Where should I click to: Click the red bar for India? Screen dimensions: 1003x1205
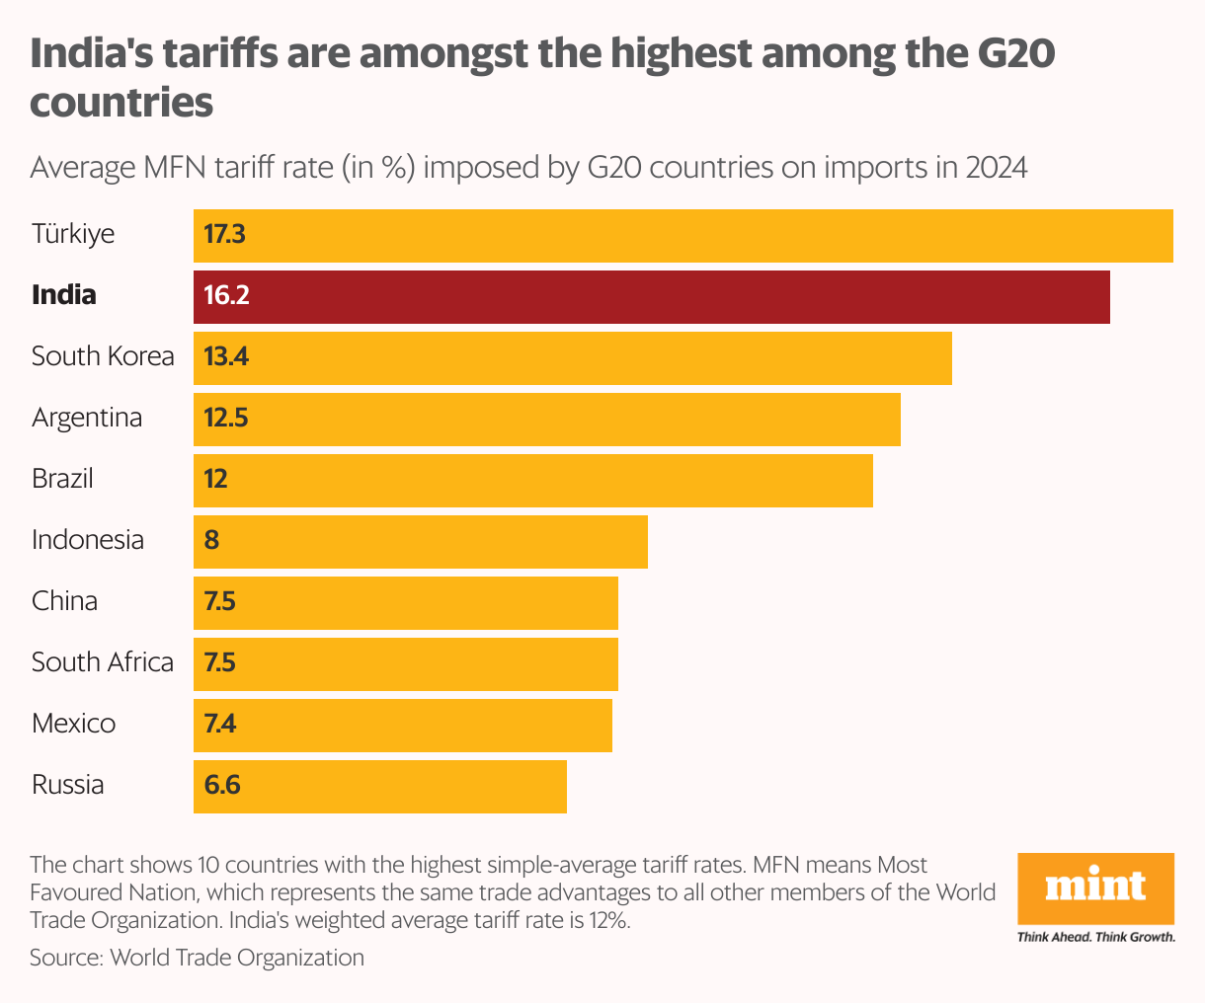pos(652,296)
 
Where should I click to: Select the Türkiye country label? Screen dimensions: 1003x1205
pos(73,235)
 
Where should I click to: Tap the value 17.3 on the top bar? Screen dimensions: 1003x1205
pos(224,235)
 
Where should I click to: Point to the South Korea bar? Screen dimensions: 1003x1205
pos(573,357)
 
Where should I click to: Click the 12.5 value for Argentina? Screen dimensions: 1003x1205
pos(225,419)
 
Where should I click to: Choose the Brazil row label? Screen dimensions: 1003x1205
pos(62,480)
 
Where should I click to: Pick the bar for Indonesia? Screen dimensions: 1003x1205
pos(421,541)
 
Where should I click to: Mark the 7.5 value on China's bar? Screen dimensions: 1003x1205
pos(219,602)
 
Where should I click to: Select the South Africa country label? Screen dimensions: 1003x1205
pos(103,662)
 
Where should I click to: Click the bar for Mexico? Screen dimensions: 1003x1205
pos(403,725)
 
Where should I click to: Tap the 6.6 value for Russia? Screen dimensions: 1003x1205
pos(222,786)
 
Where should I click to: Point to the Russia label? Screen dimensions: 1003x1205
pos(67,786)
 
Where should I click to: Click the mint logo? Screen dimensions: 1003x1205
pos(1095,887)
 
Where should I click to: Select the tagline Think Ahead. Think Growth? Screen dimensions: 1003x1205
pos(1095,937)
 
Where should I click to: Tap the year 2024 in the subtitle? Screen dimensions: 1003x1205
pos(997,168)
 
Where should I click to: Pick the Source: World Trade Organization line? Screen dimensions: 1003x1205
pos(197,958)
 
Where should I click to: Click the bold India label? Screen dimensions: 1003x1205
pos(64,295)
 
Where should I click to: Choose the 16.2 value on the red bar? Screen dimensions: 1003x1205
pos(226,296)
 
